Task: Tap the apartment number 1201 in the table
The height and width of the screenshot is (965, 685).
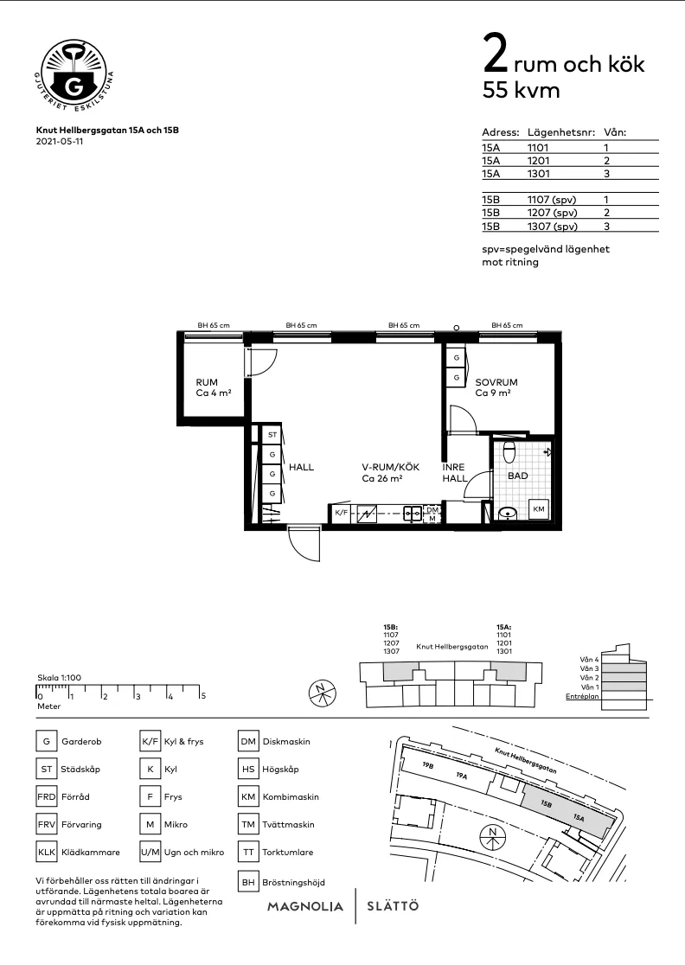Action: [538, 160]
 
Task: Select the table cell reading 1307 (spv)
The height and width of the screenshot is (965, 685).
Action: [552, 226]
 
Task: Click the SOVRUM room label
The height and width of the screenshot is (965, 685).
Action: [496, 382]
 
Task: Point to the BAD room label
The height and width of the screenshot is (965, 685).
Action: [517, 476]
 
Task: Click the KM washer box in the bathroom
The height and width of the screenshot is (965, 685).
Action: [540, 509]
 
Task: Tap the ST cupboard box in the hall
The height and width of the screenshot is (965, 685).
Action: [272, 435]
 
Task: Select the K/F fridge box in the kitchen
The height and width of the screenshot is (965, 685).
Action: [341, 514]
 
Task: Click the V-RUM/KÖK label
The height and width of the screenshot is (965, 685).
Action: [384, 467]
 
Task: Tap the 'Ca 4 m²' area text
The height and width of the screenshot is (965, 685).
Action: [213, 393]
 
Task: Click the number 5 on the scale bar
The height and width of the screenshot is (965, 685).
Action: [203, 695]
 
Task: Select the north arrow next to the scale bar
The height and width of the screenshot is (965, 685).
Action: [322, 693]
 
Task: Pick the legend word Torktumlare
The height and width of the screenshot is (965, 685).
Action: [288, 853]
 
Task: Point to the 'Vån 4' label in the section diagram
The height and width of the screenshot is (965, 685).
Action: [591, 660]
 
